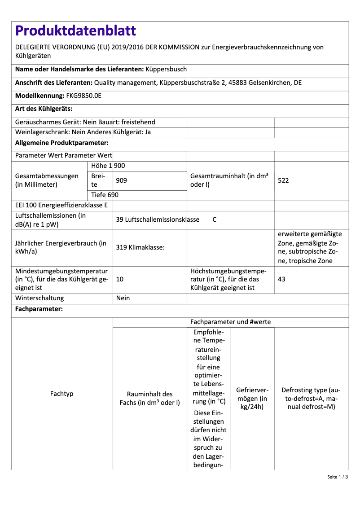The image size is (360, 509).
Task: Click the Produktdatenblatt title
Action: (x=75, y=31)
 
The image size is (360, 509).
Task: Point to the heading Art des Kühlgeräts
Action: (x=44, y=109)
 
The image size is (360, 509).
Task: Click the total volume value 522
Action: (x=283, y=180)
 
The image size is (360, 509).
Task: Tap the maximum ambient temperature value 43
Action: (x=281, y=279)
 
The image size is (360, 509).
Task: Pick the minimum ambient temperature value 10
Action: (x=120, y=279)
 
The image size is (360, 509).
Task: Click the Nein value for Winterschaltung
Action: (x=123, y=298)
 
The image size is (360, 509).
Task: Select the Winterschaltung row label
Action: (x=40, y=298)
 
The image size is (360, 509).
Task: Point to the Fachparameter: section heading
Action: (x=39, y=309)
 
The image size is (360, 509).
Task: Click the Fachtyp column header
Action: (x=62, y=394)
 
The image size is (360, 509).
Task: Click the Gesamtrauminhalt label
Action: (x=229, y=180)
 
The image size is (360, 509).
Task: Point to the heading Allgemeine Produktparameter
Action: (x=62, y=143)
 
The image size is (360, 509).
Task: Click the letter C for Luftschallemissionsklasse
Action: (x=215, y=219)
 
